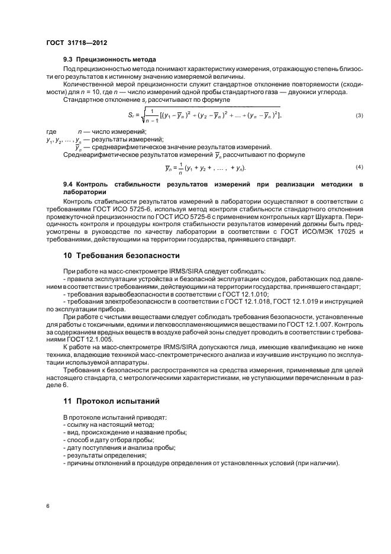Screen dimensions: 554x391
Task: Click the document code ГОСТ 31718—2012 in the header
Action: click(76, 43)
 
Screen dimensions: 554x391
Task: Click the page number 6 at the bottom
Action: click(48, 507)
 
